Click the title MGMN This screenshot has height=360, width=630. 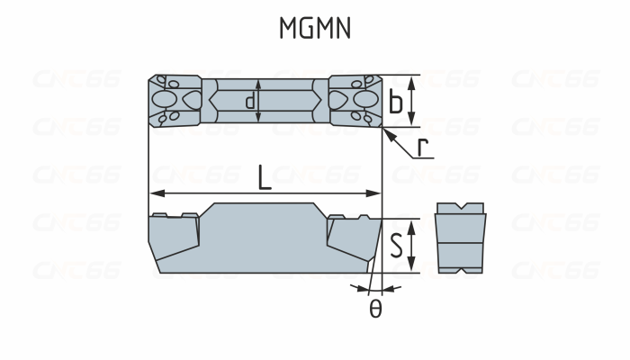coord(314,29)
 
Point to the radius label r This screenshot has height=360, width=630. coord(422,147)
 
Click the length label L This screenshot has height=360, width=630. coord(264,177)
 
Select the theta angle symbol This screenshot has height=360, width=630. coord(375,309)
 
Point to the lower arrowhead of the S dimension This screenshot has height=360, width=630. coord(411,267)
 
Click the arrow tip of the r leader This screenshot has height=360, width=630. coord(385,131)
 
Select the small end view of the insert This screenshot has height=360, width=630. coord(460,239)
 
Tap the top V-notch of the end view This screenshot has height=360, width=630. coord(460,211)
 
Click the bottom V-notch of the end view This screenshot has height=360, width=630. coord(460,270)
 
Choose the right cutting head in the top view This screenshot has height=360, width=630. coord(355,100)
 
